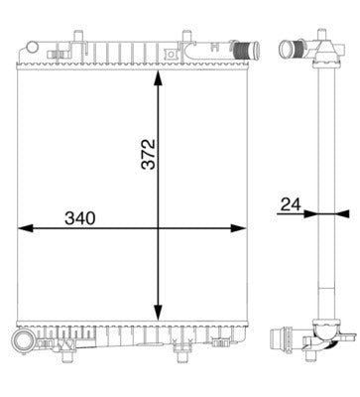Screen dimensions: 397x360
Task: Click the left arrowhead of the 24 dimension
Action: pyautogui.click(x=309, y=212)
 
